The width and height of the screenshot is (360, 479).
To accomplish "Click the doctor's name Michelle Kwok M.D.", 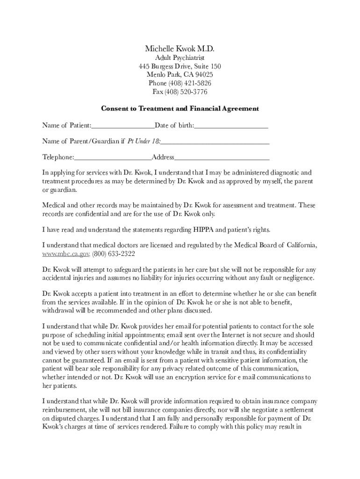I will coord(180,49).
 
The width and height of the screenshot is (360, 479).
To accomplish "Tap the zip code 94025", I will coord(203,75).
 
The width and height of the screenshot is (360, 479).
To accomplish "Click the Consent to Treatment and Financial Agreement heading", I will coord(180,109).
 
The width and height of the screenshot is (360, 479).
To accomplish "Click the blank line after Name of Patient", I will coord(123,126).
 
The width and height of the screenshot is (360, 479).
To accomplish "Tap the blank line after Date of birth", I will coord(231,126).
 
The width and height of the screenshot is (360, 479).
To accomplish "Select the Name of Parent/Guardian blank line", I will coord(215,142).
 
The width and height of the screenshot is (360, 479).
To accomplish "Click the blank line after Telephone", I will coord(113,158).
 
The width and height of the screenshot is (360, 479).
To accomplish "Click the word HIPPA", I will coord(203,230).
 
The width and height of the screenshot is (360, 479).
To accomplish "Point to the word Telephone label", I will coord(58,158).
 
